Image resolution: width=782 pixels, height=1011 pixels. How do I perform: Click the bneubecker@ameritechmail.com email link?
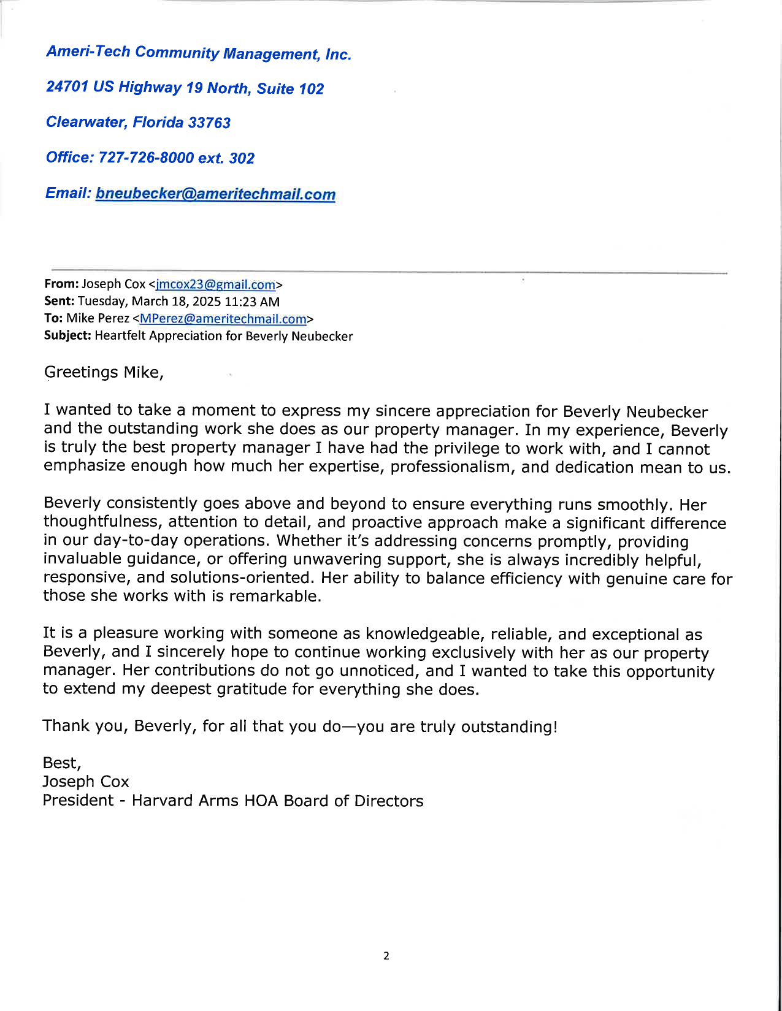pyautogui.click(x=215, y=194)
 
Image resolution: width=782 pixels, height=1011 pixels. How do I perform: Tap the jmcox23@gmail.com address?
pyautogui.click(x=215, y=284)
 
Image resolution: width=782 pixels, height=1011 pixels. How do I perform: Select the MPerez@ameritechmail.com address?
pyautogui.click(x=223, y=319)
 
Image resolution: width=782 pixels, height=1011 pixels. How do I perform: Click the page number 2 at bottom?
pyautogui.click(x=386, y=955)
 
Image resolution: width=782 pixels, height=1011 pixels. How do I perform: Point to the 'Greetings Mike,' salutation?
pyautogui.click(x=104, y=372)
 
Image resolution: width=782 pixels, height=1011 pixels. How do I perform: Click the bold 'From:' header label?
pyautogui.click(x=61, y=284)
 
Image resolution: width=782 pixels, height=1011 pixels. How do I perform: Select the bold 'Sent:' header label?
pyautogui.click(x=59, y=301)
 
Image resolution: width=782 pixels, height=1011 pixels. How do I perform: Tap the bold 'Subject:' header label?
pyautogui.click(x=67, y=335)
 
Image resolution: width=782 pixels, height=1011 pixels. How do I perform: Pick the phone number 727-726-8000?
pyautogui.click(x=146, y=158)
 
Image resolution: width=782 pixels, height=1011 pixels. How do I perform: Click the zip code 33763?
pyautogui.click(x=209, y=123)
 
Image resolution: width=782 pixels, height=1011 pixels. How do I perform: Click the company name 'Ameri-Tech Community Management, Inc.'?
pyautogui.click(x=199, y=53)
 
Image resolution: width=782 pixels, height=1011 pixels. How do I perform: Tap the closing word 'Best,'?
pyautogui.click(x=62, y=763)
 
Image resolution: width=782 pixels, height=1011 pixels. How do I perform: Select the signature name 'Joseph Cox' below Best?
pyautogui.click(x=86, y=782)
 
